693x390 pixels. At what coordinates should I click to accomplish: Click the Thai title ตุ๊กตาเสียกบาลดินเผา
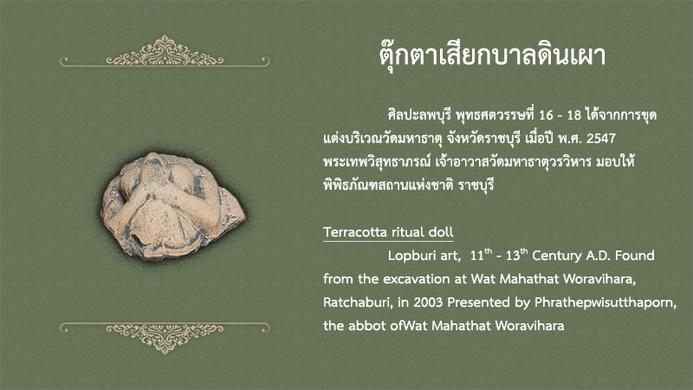[x=492, y=56]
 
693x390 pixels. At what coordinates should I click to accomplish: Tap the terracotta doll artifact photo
[x=172, y=205]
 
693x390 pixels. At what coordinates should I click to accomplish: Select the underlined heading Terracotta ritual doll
[x=388, y=232]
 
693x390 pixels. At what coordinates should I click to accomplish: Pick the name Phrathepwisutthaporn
[x=606, y=302]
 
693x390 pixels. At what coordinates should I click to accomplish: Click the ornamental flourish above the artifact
[x=165, y=52]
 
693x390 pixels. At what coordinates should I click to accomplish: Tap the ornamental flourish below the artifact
[x=165, y=338]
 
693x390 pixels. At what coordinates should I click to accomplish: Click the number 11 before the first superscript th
[x=477, y=256]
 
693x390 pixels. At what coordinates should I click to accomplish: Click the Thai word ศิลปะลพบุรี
[x=419, y=115]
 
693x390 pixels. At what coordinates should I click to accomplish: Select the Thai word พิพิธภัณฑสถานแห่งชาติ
[x=388, y=185]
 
